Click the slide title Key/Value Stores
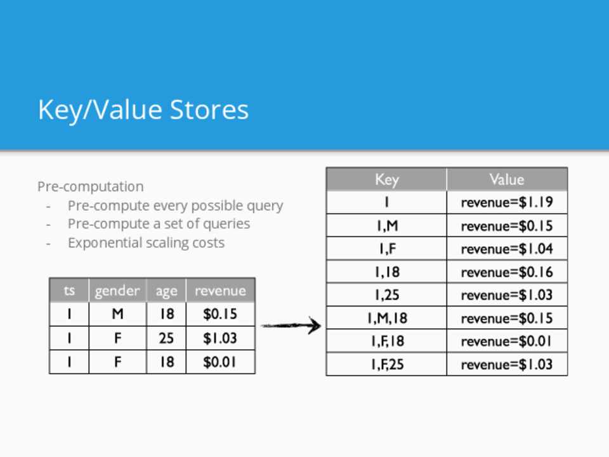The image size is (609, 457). pos(143,110)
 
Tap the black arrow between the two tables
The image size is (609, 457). pos(291,325)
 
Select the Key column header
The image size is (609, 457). pos(386,179)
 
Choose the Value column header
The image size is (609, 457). pos(507,179)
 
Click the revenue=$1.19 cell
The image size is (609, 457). pos(507,202)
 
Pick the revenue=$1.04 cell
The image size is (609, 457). pos(507,249)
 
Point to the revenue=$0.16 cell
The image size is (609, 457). pos(507,272)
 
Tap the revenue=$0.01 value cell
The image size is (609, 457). pos(507,341)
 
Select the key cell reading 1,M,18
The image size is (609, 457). pos(386,318)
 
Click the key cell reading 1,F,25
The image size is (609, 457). pos(386,364)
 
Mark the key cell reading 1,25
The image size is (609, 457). pos(386,295)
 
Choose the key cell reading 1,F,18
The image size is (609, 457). pos(386,341)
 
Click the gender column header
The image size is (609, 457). pos(117,290)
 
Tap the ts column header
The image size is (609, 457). pos(69,290)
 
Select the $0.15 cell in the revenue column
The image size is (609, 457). pos(220,314)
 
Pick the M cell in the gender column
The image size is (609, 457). pos(117,314)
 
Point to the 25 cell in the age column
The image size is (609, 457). pos(166,338)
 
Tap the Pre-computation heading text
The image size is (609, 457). pos(91,187)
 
